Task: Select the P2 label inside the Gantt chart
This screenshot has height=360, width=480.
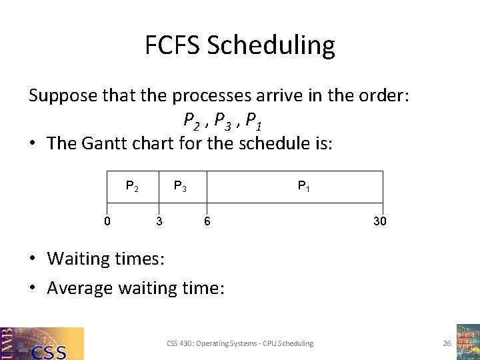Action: point(132,187)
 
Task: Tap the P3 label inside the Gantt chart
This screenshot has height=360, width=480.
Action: point(180,187)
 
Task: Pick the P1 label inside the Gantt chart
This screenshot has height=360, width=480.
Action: point(303,187)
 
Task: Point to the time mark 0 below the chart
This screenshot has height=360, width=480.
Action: point(107,221)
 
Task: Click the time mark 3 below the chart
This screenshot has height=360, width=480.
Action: point(158,221)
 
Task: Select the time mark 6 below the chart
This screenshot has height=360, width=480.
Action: point(207,221)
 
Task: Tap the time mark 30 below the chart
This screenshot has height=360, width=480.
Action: point(379,221)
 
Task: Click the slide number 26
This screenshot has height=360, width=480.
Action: point(447,343)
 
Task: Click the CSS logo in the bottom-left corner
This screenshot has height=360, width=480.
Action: point(42,343)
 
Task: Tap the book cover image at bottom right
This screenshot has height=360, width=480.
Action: point(467,342)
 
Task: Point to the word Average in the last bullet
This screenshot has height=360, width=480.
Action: point(80,288)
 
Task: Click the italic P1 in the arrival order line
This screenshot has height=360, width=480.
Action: point(253,121)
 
